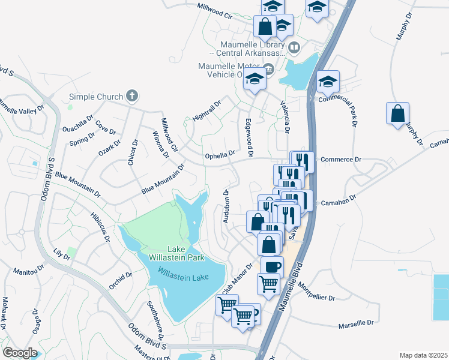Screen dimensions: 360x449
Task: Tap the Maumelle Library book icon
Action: pos(294,47)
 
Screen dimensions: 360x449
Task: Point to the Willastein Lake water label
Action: pos(182,272)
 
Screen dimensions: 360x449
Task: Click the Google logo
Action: pos(20,353)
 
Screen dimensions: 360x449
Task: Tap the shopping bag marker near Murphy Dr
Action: pos(397,113)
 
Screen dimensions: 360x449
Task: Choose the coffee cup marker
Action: pos(272,266)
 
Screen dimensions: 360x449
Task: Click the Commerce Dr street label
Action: pos(340,160)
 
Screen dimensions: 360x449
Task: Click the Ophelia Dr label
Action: pos(220,155)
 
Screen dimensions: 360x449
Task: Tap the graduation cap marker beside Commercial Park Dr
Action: pos(328,81)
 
